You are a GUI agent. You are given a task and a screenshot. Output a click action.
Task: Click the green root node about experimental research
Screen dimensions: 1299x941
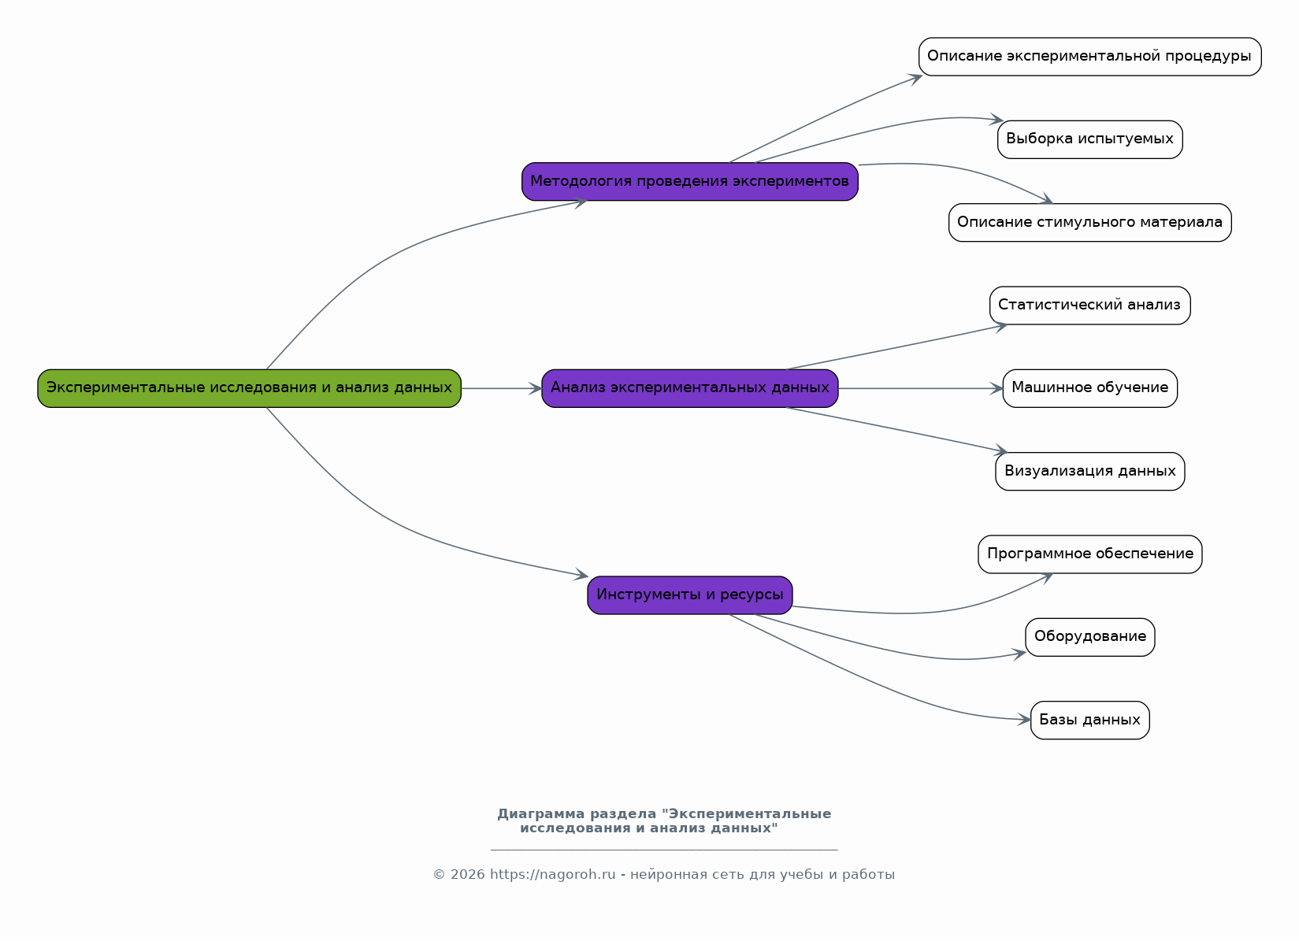pos(250,388)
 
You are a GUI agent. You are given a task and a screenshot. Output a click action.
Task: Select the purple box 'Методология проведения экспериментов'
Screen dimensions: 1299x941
pos(690,181)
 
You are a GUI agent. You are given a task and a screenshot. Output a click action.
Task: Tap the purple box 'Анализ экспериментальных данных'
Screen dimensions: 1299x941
pos(690,388)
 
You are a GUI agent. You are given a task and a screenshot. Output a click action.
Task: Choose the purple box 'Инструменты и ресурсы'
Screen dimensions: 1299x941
pos(690,595)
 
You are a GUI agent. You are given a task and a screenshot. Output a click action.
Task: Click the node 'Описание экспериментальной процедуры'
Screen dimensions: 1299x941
pos(1090,57)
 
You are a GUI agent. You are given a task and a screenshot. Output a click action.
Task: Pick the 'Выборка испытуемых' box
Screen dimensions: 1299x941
pos(1090,139)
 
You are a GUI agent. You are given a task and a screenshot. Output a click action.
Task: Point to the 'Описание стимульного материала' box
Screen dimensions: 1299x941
pos(1090,223)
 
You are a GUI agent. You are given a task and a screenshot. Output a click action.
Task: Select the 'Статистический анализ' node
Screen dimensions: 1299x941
pos(1090,306)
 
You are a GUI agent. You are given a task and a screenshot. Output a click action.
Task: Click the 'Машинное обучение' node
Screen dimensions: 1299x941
pos(1090,388)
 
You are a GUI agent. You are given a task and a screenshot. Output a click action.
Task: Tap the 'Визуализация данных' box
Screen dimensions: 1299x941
pos(1090,472)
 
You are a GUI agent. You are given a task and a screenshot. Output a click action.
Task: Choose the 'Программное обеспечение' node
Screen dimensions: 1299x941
pos(1090,554)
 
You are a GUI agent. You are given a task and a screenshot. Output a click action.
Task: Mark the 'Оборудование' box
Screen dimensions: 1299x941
pos(1090,637)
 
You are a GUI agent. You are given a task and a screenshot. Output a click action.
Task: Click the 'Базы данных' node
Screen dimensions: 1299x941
pos(1090,720)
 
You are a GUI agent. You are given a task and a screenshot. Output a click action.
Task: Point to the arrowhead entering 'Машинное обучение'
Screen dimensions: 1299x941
pos(997,388)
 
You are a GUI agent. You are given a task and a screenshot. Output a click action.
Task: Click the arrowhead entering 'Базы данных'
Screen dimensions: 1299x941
pos(1024,720)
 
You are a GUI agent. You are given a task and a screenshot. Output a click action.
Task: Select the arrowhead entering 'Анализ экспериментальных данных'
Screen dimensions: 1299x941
pos(535,388)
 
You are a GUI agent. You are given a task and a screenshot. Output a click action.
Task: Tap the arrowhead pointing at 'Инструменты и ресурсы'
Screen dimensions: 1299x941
pos(581,574)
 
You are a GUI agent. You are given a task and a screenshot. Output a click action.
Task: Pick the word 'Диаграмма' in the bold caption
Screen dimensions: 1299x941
pos(541,814)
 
